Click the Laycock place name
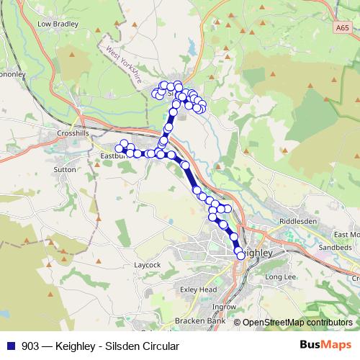pos(147,264)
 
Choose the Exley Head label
pos(198,289)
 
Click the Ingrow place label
pos(224,307)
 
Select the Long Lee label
pos(280,277)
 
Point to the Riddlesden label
pos(297,221)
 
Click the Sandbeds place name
pos(334,247)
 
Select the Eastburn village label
pos(113,153)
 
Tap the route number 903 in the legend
pos(30,346)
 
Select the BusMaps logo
pos(325,346)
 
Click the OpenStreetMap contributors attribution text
pos(297,323)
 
